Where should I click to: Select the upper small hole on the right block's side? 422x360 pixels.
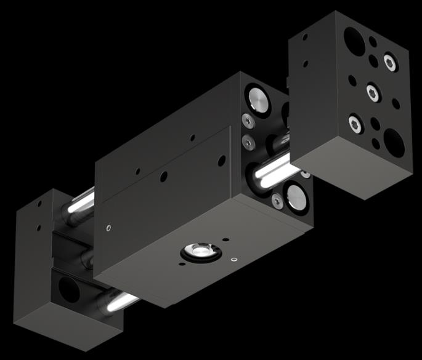coord(305,37)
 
